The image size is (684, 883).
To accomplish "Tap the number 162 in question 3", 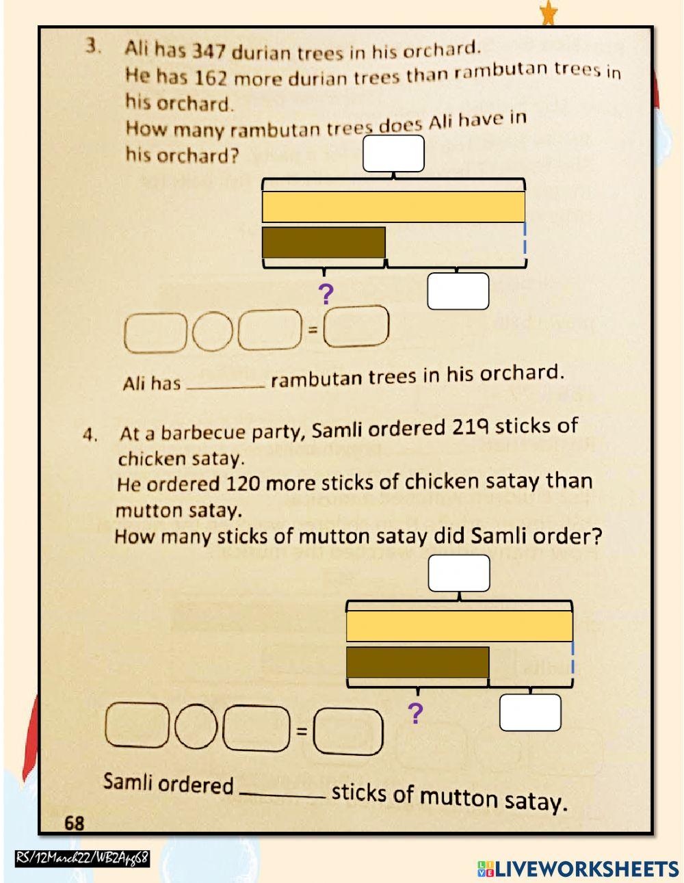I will click(210, 77).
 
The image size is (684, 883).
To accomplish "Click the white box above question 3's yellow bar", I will click(393, 154).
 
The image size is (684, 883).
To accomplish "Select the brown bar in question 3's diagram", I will click(324, 242).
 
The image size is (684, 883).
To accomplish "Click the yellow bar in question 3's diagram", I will click(393, 207).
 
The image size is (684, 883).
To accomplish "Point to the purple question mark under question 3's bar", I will click(326, 294).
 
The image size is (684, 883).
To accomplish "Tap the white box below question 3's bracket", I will click(458, 291).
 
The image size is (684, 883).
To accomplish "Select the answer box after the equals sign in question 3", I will click(356, 326).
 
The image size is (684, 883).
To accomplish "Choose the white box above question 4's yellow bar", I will click(459, 573).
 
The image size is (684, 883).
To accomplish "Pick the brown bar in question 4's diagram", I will click(417, 662).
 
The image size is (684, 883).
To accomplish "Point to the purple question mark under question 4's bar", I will click(415, 714).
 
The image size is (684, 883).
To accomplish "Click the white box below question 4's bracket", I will click(530, 713).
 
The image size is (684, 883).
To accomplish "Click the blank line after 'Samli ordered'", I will click(282, 793).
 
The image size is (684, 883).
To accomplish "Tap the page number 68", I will click(74, 823).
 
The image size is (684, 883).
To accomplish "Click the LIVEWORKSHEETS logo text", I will click(586, 869).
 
